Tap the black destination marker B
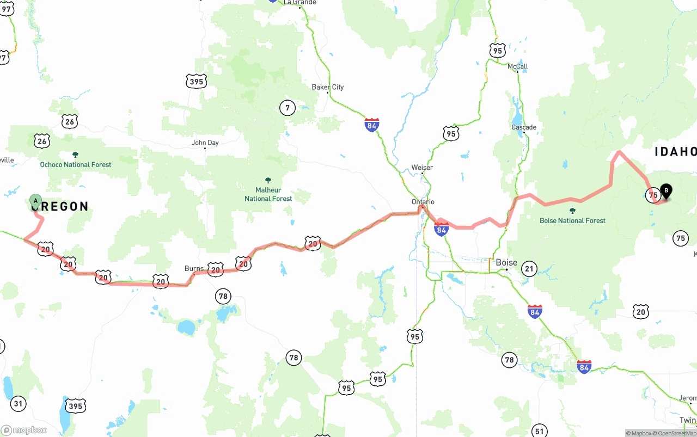(665, 191)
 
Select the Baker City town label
(327, 87)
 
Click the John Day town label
(205, 143)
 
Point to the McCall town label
(517, 66)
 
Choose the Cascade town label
(523, 127)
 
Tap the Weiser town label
(422, 168)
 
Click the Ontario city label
(423, 202)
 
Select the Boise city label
(506, 262)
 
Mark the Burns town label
(194, 268)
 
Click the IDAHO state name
(675, 152)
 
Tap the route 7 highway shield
(288, 108)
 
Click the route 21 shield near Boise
(529, 268)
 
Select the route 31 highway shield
(19, 403)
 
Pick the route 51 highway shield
(539, 431)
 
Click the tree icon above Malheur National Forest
(268, 180)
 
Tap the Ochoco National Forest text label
(76, 164)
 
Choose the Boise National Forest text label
(572, 220)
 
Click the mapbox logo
(24, 430)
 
